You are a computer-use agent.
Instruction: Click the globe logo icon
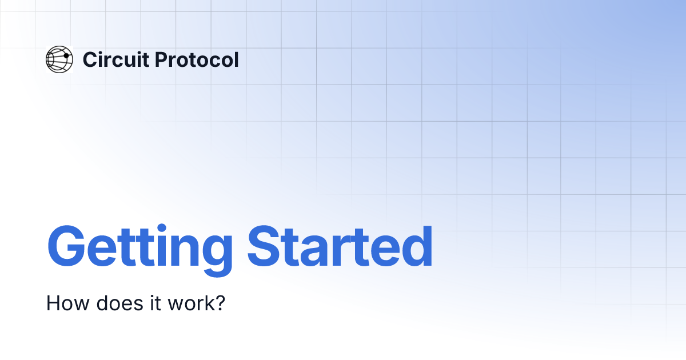(59, 59)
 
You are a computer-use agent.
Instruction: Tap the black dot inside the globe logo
(66, 55)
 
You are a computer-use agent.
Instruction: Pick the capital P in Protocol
(162, 59)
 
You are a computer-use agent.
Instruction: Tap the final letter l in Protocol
(236, 59)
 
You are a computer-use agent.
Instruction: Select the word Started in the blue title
(340, 247)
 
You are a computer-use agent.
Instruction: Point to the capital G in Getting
(67, 247)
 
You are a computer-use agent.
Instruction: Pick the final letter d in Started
(417, 247)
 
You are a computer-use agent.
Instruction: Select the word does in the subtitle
(107, 303)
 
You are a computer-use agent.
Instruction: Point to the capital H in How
(52, 303)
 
